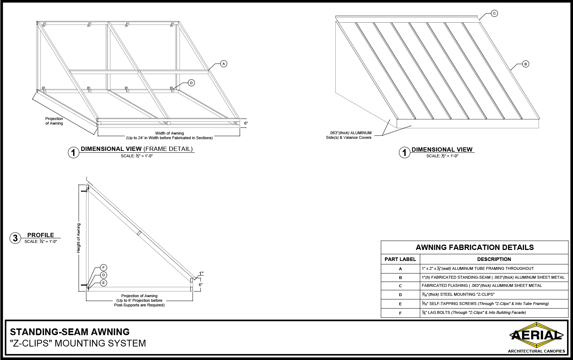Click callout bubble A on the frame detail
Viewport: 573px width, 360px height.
224,64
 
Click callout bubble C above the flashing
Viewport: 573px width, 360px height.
494,13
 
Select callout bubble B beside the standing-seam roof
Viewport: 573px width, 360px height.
526,64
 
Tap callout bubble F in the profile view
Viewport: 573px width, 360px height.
103,268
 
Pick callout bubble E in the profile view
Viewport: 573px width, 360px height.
103,283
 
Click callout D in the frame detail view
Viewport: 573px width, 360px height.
191,83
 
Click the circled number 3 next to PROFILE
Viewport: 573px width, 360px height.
15,238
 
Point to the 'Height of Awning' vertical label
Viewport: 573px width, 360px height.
79,238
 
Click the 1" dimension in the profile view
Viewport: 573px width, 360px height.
201,273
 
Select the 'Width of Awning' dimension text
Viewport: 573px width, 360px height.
170,133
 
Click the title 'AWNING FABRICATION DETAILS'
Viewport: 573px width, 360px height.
474,247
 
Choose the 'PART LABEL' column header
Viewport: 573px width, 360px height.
400,259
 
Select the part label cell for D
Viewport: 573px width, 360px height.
400,295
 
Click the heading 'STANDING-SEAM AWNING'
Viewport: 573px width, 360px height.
70,332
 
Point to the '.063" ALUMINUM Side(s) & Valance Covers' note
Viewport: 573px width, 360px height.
349,135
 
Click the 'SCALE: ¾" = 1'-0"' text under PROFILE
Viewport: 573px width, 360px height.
41,241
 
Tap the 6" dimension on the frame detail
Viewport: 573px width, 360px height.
246,123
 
